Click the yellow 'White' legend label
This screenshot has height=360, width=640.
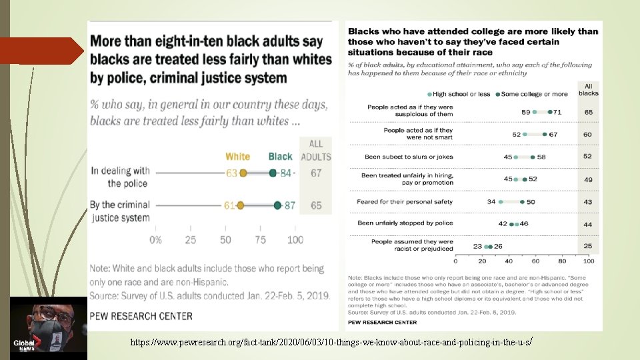(237, 157)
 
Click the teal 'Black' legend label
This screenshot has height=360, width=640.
(280, 157)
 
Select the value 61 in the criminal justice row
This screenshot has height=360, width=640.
(229, 205)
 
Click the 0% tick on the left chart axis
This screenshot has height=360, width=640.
(155, 240)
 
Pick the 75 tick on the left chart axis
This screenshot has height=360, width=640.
(260, 240)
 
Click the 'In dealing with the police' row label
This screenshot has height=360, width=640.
(121, 177)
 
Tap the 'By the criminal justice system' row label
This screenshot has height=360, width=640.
(121, 211)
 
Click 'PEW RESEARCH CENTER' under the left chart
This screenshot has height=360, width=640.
(141, 316)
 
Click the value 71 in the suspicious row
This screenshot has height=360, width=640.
(557, 112)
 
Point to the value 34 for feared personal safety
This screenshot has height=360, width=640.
(491, 201)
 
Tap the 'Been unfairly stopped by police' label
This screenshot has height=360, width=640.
(405, 223)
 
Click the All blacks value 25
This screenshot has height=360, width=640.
(588, 246)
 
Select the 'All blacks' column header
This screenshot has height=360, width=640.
(588, 90)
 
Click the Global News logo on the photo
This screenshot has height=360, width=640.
(25, 344)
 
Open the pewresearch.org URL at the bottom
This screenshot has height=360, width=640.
(331, 342)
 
